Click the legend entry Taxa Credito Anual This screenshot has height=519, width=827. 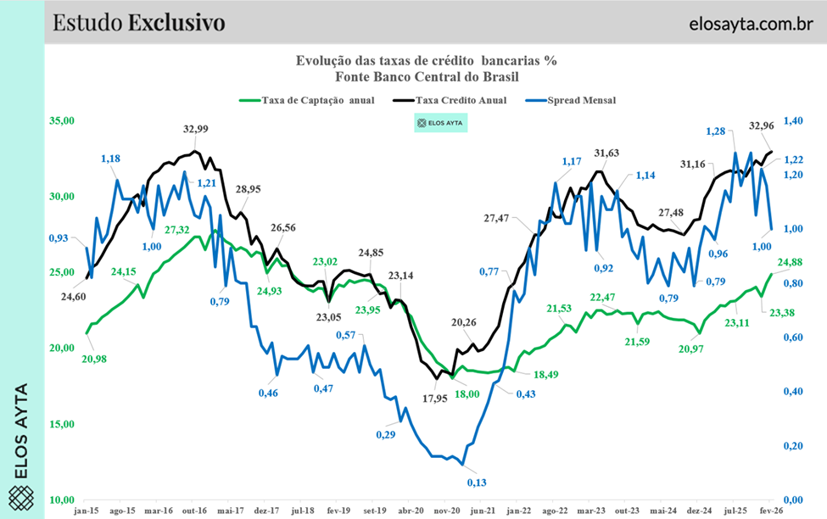coord(461,99)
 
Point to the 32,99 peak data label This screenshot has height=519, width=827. coord(196,129)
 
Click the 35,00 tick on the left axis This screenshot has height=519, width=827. coord(63,121)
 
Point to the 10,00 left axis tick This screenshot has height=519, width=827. coord(63,500)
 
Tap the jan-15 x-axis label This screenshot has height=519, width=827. coord(87,511)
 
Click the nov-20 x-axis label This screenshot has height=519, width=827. coord(447,511)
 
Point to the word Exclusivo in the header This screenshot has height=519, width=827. coord(176,22)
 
